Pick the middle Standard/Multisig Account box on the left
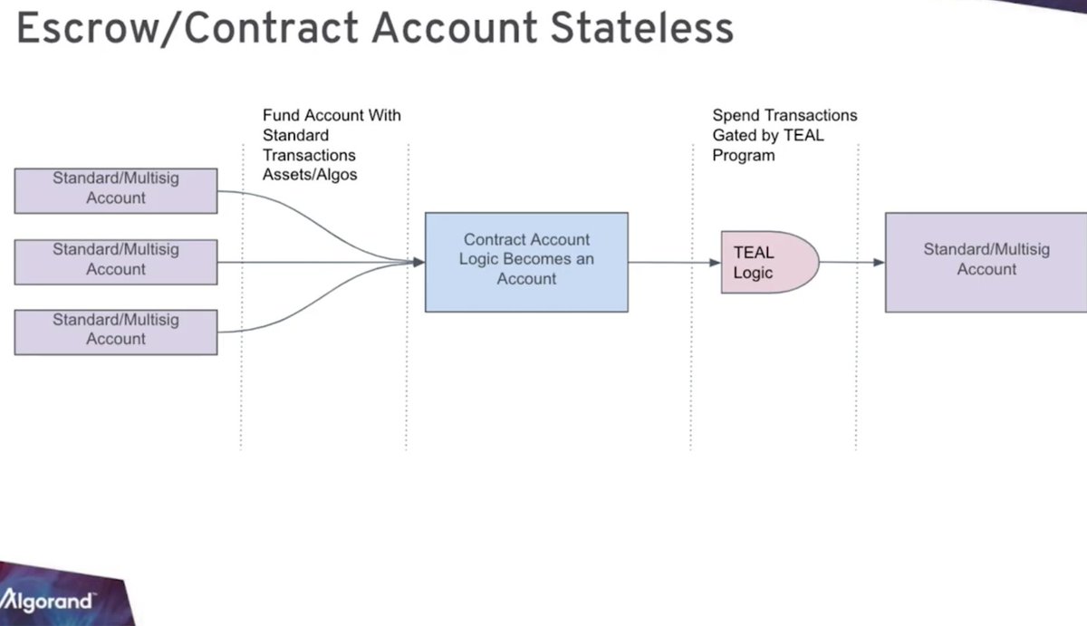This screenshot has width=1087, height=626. (116, 261)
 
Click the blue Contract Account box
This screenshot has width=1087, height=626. (526, 262)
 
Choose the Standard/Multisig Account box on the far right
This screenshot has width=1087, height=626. (986, 262)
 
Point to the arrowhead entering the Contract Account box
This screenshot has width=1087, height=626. (419, 262)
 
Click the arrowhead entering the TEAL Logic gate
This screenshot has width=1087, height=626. (716, 262)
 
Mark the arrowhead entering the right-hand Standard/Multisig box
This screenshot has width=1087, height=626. (879, 262)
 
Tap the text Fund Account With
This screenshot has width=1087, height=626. (332, 116)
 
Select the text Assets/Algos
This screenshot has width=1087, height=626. (310, 175)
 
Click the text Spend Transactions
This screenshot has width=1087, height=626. (784, 116)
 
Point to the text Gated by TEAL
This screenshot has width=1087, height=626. (768, 136)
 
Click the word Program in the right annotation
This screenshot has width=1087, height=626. (744, 155)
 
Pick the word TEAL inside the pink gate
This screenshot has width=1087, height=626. (754, 253)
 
